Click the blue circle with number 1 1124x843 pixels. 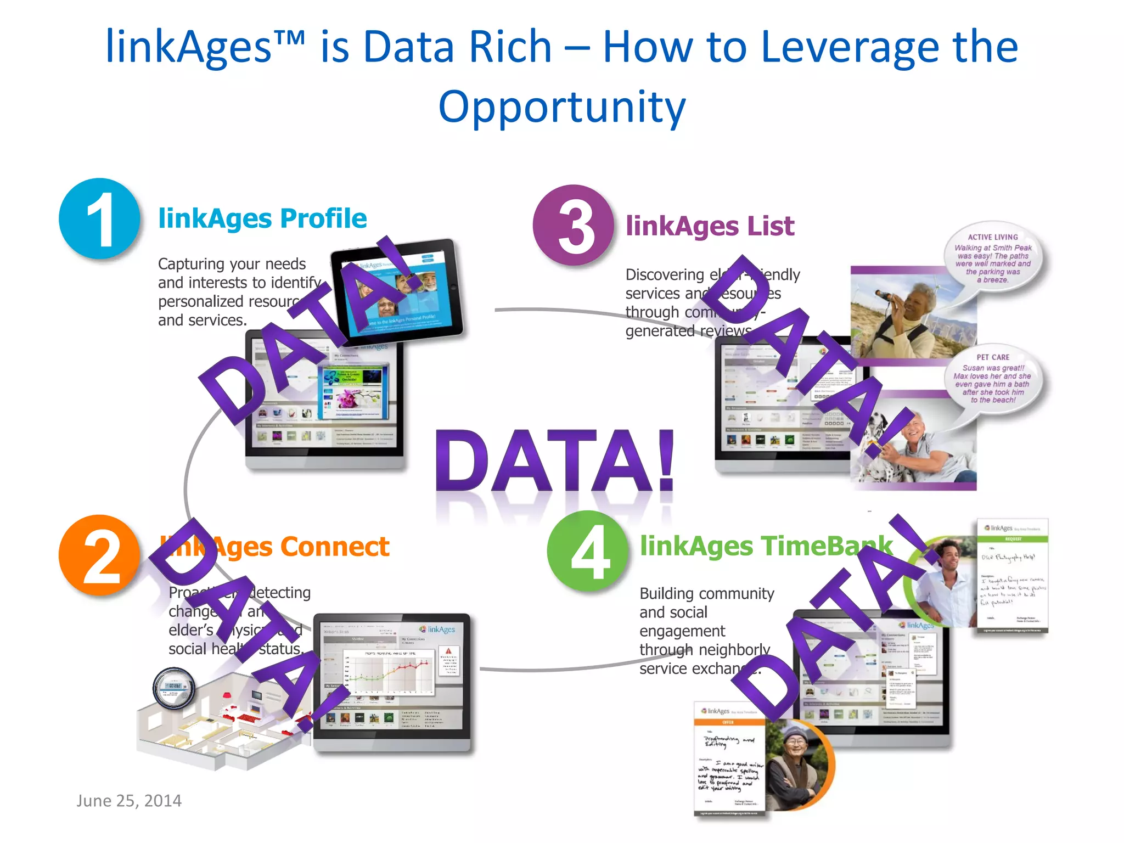(x=99, y=218)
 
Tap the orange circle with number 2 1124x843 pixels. (x=99, y=555)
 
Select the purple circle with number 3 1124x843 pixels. (x=573, y=225)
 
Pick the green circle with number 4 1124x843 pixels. (x=588, y=551)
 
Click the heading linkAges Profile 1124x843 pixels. (x=262, y=218)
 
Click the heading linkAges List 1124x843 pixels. (x=710, y=226)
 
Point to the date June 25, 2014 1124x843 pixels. (x=129, y=801)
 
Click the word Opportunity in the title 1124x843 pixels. (x=562, y=106)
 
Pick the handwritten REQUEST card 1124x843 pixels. (x=1013, y=576)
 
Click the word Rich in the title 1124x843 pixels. (x=510, y=47)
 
